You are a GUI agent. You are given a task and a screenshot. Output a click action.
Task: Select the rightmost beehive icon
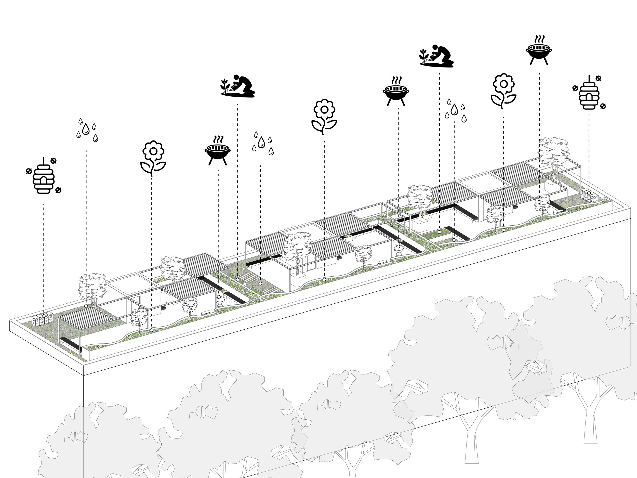coord(589,93)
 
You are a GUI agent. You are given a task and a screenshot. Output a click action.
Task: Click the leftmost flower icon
coord(153,158)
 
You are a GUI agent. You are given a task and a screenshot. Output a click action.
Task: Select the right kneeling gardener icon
coord(436,56)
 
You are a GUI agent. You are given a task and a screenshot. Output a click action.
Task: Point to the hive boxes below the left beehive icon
coord(42,320)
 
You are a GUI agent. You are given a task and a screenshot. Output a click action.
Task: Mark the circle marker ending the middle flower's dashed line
coord(324,279)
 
